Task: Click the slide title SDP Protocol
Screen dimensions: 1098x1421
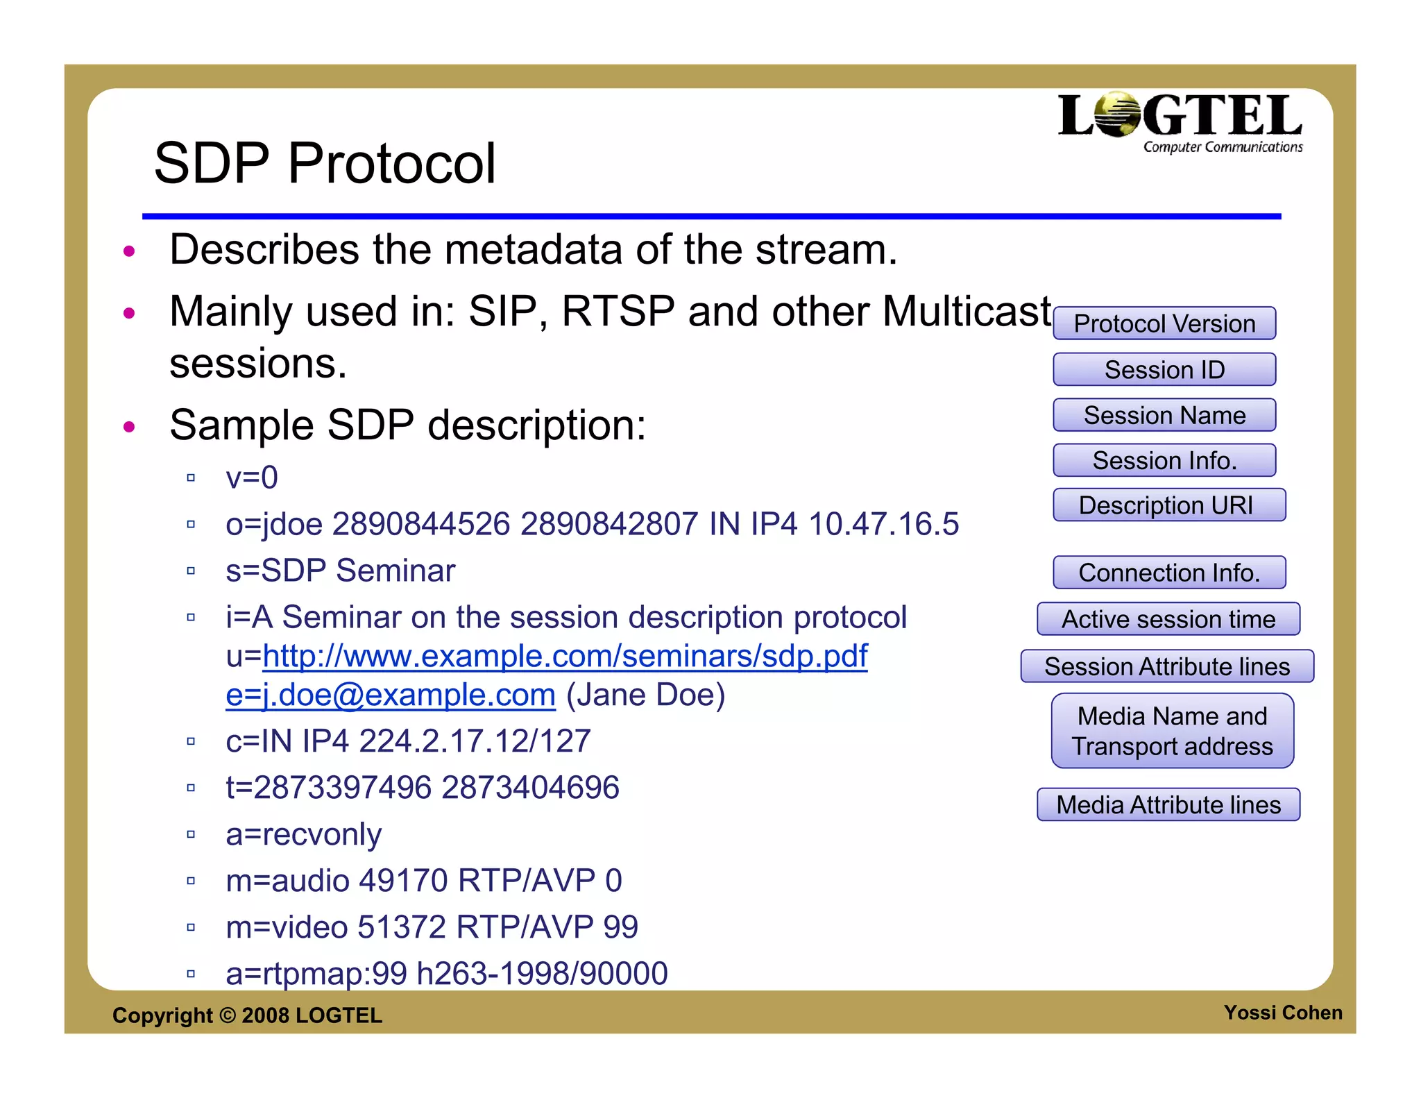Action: [325, 163]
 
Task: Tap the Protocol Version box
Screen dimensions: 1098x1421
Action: [1164, 323]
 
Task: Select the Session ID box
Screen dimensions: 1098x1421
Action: [1164, 369]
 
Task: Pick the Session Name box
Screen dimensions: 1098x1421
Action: [1164, 415]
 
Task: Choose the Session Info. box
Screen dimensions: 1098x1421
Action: [1164, 460]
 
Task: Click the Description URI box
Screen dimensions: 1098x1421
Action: [1168, 505]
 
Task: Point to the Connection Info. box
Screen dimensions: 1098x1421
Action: [1169, 573]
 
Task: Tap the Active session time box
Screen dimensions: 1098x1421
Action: [1168, 619]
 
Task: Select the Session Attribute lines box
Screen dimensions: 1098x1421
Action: [1167, 666]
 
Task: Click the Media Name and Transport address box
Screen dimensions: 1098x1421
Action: [1172, 731]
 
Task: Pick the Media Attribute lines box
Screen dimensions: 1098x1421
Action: [1168, 804]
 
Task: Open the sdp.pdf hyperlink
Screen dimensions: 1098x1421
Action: [565, 656]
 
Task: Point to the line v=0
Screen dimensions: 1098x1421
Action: [252, 478]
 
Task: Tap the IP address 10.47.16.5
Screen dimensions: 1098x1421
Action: [883, 524]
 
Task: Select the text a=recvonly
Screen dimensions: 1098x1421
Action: [304, 834]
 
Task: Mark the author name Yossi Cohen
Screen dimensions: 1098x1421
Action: [1282, 1013]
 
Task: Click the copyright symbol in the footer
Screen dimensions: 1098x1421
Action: [228, 1015]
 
